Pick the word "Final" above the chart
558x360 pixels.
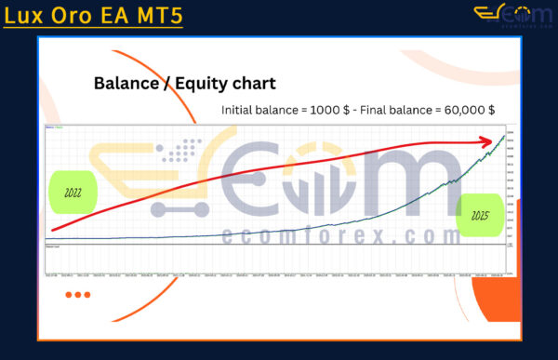point(377,110)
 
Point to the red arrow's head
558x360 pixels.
point(489,141)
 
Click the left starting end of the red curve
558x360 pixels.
point(52,230)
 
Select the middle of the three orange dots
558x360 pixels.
point(77,295)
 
